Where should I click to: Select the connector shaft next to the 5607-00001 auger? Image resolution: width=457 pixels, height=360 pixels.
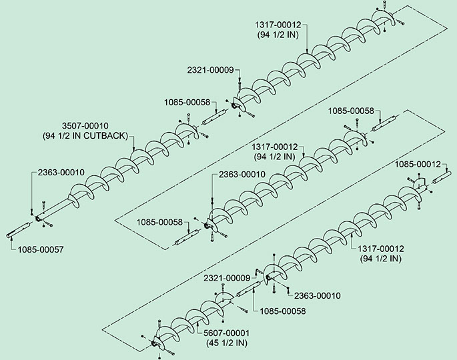(247, 289)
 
